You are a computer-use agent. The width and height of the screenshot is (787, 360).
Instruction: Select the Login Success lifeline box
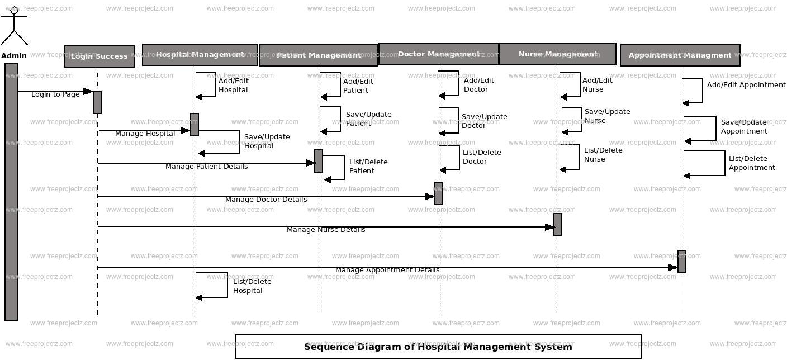tap(99, 56)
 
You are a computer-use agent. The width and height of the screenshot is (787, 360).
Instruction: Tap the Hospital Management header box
tap(200, 55)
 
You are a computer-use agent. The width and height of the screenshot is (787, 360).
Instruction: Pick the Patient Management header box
tap(319, 55)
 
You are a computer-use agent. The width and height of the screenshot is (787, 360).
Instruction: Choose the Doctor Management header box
tap(439, 54)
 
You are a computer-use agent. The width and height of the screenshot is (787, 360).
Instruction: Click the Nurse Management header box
tap(558, 54)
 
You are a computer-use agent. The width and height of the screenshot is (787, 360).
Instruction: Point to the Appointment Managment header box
tap(680, 55)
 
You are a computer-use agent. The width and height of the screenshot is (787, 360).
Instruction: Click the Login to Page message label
tap(55, 94)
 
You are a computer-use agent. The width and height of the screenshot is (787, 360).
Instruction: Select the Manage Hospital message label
tap(145, 134)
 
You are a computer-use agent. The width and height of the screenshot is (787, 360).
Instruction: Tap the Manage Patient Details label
tap(206, 167)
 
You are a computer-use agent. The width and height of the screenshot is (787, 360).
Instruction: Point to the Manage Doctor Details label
tap(266, 200)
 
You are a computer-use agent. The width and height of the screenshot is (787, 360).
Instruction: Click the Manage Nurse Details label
tap(326, 230)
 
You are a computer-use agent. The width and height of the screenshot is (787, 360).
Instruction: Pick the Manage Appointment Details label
tap(387, 270)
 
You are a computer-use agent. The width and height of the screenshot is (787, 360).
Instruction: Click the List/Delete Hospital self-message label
tap(252, 286)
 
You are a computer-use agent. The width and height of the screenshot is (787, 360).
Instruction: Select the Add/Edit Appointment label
tap(746, 85)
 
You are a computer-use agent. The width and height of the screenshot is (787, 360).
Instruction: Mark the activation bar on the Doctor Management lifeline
tap(439, 193)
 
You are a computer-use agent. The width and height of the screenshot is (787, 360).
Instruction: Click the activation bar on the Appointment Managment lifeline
tap(682, 262)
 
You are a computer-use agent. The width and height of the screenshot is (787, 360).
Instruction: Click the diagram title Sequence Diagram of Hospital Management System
tap(438, 347)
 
